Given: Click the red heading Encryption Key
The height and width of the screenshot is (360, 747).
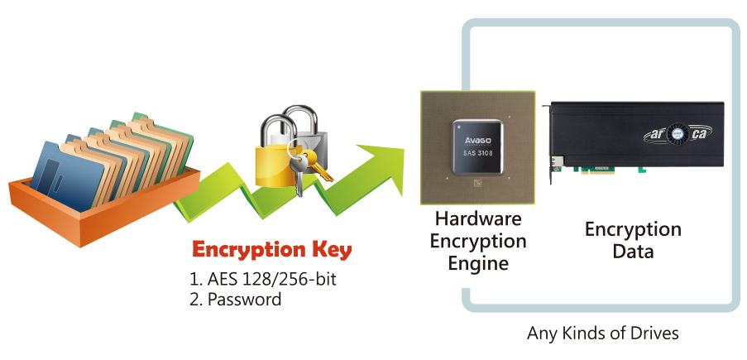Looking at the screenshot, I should click(271, 250).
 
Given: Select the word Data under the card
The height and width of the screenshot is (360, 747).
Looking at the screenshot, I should click(633, 251).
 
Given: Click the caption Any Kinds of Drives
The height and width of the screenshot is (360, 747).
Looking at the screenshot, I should click(604, 334).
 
